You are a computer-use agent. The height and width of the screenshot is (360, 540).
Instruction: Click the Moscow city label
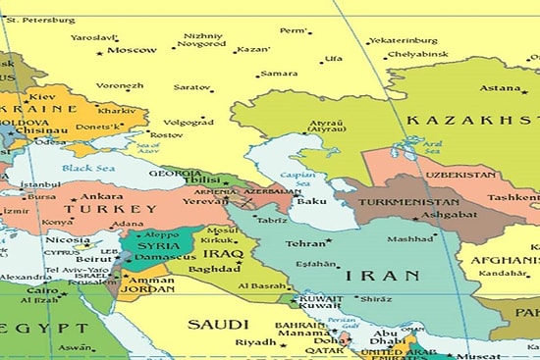tap(132, 50)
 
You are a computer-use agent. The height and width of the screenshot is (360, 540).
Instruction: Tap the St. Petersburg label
tap(40, 19)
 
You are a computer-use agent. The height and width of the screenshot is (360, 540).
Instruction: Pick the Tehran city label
tap(304, 243)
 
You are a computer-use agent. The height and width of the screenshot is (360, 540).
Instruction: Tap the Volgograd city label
tap(189, 123)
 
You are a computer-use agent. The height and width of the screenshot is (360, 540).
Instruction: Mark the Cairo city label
tap(42, 290)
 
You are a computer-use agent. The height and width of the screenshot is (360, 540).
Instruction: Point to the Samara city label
tap(279, 74)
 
